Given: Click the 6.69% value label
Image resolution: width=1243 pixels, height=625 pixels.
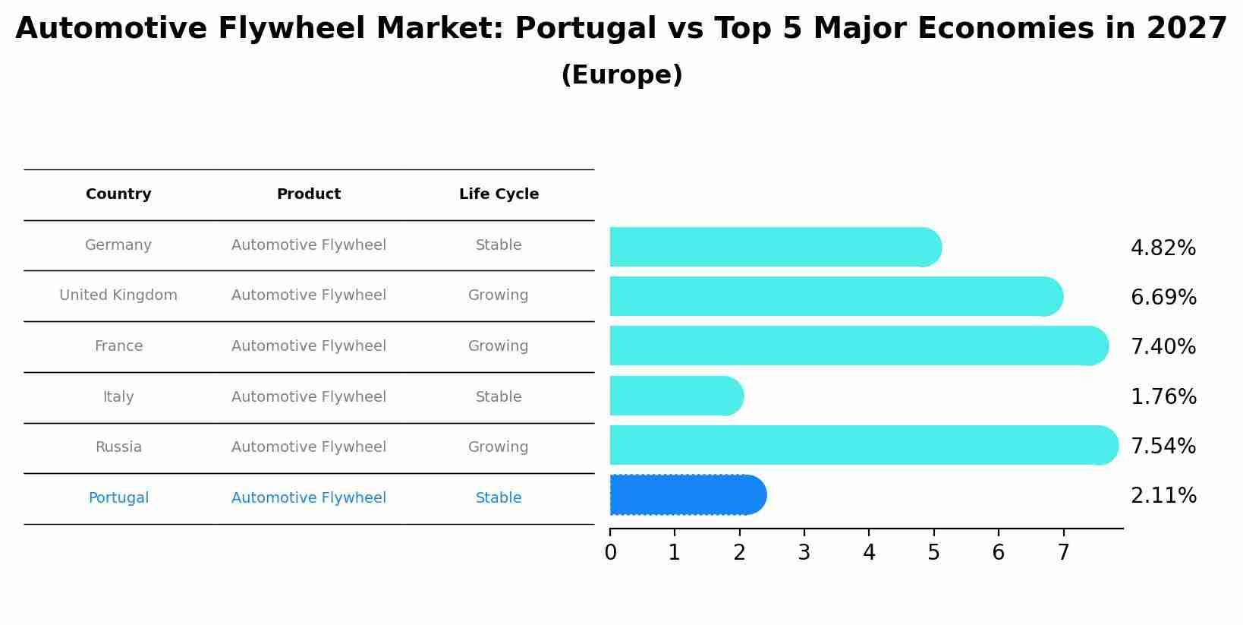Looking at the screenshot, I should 1163,297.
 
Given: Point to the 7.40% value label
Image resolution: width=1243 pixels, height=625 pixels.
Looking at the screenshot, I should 1163,346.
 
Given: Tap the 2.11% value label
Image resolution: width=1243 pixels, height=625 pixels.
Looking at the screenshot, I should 1163,495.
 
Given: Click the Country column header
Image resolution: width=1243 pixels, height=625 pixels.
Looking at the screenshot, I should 118,194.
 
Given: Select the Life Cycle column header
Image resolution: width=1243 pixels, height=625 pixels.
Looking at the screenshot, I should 499,194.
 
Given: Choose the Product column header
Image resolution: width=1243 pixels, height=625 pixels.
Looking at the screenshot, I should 308,194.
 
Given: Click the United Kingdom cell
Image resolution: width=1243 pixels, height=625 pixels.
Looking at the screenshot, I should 118,295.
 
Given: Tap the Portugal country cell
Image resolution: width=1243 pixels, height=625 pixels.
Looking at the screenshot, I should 118,498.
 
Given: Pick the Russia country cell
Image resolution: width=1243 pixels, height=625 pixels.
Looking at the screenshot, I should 118,447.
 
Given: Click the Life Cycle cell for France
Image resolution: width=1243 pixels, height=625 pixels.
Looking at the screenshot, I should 498,346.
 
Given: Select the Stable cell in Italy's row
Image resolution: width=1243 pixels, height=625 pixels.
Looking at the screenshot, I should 498,397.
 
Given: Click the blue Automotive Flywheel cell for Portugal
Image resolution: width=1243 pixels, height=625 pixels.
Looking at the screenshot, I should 308,498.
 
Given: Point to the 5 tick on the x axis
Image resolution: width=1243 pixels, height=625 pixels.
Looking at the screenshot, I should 933,552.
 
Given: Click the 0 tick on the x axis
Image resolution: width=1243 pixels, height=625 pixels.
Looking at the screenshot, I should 610,552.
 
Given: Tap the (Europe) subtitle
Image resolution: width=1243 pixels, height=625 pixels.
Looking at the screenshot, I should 621,75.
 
